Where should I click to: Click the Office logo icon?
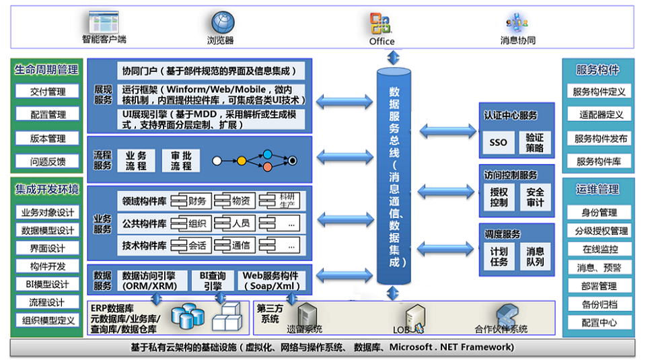[381, 24]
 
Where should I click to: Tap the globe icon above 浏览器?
[223, 23]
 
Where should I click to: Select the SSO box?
[498, 143]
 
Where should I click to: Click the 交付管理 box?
[48, 92]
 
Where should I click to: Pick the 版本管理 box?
[48, 139]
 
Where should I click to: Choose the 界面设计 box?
[48, 248]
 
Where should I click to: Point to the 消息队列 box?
[535, 256]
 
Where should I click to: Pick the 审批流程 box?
[181, 161]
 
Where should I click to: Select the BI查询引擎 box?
[213, 281]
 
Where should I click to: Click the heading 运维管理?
[598, 189]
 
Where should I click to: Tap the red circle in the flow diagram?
[267, 167]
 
